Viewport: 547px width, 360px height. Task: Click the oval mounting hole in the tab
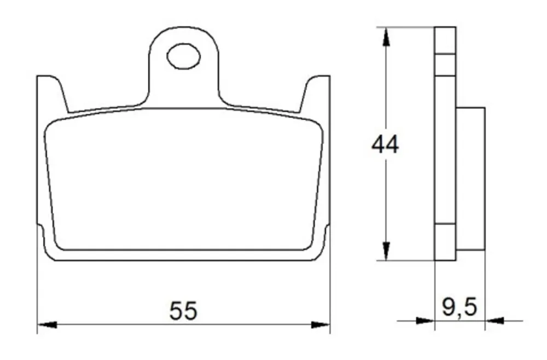pos(183,56)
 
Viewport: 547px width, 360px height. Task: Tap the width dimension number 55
pos(183,311)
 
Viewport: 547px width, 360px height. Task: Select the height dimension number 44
pos(385,144)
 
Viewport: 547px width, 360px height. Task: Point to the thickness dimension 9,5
pos(459,307)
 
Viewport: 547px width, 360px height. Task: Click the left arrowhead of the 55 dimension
pos(47,325)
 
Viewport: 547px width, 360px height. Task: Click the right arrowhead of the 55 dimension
pos(320,325)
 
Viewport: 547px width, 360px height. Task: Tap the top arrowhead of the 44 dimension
pos(386,37)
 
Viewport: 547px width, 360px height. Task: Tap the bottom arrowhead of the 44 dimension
pos(386,251)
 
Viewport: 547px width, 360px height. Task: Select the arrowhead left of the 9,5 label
pos(425,320)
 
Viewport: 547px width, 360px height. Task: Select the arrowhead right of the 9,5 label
pos(494,320)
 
